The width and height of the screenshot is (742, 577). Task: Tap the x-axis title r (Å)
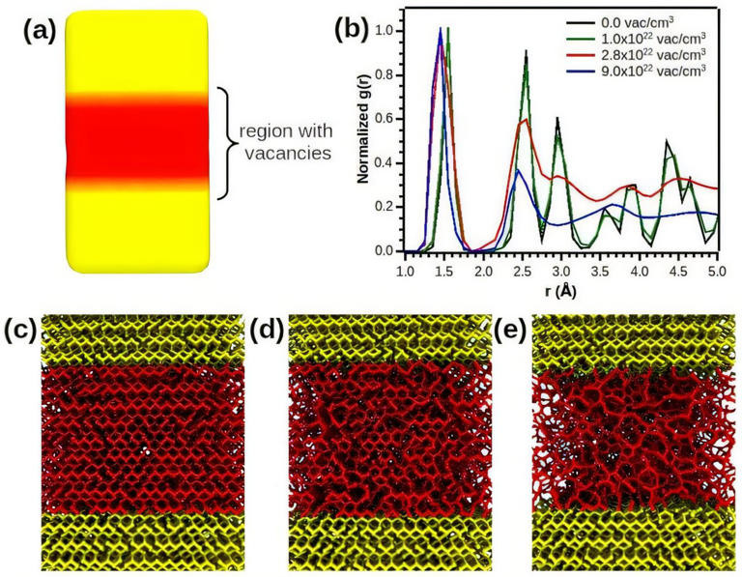tap(560, 291)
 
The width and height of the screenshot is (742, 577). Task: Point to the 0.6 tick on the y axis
tap(387, 119)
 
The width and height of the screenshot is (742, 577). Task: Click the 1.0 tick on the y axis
tap(387, 31)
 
